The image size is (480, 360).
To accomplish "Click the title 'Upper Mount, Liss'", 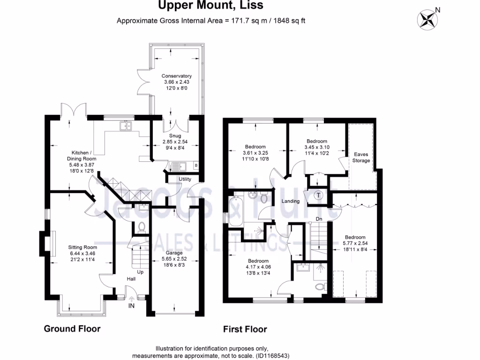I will click(x=210, y=6).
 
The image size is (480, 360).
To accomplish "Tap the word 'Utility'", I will click(x=185, y=180).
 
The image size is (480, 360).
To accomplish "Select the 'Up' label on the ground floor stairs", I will click(x=140, y=272).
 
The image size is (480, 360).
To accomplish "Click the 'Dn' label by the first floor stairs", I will click(x=318, y=218).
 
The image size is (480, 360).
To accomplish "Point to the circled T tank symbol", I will click(x=319, y=195).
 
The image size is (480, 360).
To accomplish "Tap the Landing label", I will click(x=290, y=201).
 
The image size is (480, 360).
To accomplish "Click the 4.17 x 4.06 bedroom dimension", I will click(x=258, y=267).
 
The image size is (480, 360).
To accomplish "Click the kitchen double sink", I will click(x=125, y=125).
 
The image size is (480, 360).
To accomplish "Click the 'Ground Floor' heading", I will click(x=72, y=329).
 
